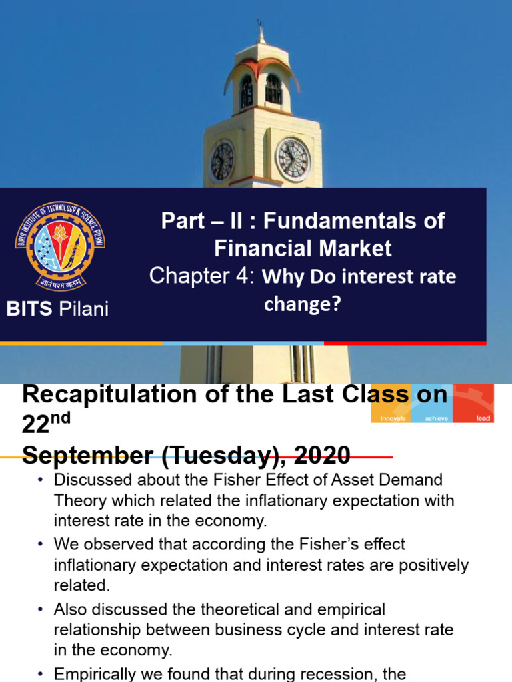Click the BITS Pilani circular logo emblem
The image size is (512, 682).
pyautogui.click(x=60, y=246)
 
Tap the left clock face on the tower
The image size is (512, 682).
pyautogui.click(x=222, y=162)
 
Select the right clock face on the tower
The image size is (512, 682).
pyautogui.click(x=293, y=160)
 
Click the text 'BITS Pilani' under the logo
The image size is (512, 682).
pyautogui.click(x=57, y=309)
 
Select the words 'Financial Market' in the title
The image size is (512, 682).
pyautogui.click(x=303, y=248)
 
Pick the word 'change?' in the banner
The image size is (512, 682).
pyautogui.click(x=303, y=304)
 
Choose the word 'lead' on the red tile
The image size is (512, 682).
pyautogui.click(x=483, y=418)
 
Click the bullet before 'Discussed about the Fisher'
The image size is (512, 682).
pyautogui.click(x=40, y=480)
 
